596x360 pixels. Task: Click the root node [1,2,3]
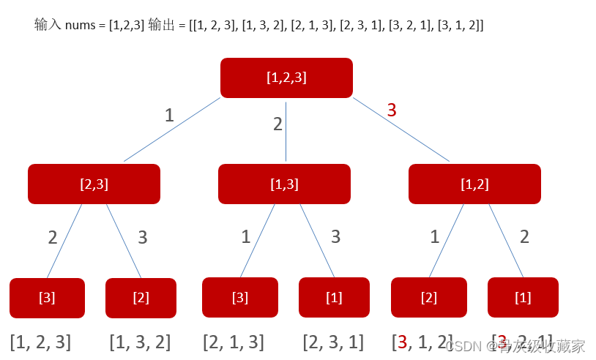[286, 78]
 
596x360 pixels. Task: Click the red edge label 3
[392, 110]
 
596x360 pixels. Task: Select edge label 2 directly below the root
[277, 124]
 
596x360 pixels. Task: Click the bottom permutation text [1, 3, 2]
[140, 342]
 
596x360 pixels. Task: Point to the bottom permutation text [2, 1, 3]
[234, 342]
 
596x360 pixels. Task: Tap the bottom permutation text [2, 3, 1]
[333, 342]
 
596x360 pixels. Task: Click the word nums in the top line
[79, 26]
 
